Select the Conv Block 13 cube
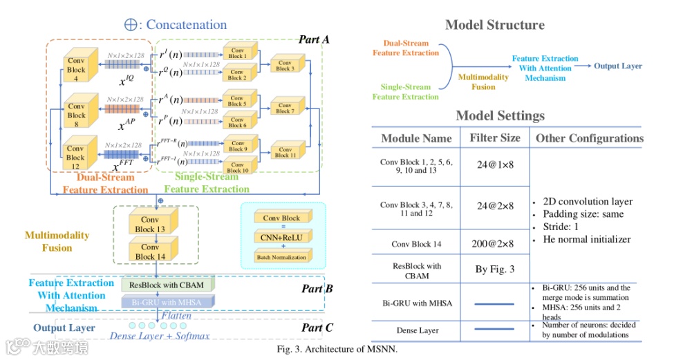point(150,225)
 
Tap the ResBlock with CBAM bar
point(168,285)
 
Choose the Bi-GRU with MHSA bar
point(168,301)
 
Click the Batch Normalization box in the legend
point(283,256)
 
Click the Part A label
point(314,39)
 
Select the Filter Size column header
point(495,138)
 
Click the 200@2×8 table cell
point(495,244)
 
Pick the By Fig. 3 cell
point(495,269)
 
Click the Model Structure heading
point(494,25)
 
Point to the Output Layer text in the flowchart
point(618,66)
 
